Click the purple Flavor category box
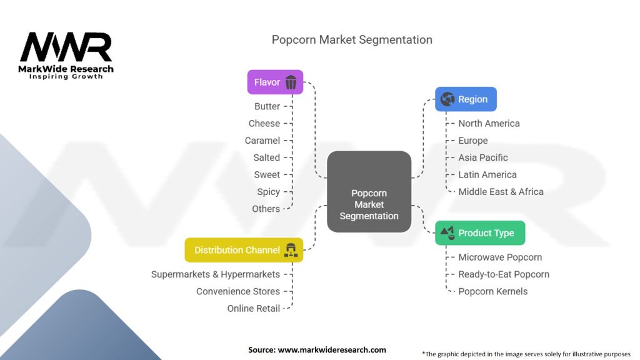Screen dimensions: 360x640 [x=275, y=82]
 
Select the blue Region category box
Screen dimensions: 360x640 [x=466, y=99]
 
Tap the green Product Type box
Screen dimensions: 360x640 [x=479, y=232]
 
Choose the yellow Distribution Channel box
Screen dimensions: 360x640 [x=244, y=250]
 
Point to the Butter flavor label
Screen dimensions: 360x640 [x=267, y=106]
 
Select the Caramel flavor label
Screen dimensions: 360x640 [x=262, y=141]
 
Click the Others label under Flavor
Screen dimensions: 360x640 [x=266, y=209]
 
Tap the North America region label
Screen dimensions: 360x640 [x=489, y=123]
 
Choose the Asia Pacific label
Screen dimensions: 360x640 [x=482, y=157]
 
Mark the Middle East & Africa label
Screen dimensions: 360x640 [x=501, y=192]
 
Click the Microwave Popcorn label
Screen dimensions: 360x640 [x=500, y=257]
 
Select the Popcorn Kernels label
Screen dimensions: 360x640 [x=492, y=291]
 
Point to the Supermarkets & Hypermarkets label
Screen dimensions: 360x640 [x=216, y=274]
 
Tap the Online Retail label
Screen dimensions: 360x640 [x=253, y=308]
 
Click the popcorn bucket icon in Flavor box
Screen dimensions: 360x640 [x=291, y=82]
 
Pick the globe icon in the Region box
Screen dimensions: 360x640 [x=447, y=99]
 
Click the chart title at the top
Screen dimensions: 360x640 [x=352, y=39]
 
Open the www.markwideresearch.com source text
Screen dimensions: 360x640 [x=331, y=349]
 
